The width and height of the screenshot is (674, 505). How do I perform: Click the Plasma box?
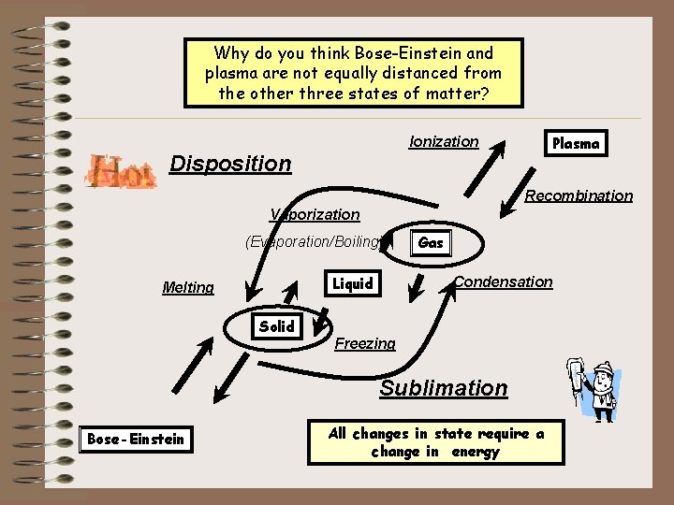point(576,143)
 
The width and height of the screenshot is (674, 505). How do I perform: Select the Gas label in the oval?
point(431,242)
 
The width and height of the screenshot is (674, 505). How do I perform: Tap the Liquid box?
point(353,283)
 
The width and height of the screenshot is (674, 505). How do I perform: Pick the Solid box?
point(276,326)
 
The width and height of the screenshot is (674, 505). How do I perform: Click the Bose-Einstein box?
point(136,439)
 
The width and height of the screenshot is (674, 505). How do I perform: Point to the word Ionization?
point(444,141)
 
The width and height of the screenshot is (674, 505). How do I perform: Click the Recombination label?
point(579,195)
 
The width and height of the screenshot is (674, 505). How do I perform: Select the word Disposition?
point(230,164)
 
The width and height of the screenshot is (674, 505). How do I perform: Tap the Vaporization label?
point(315,214)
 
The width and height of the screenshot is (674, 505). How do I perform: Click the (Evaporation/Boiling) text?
point(313,241)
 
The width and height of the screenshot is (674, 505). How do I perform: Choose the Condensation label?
point(503,281)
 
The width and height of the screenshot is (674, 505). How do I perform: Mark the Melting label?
point(188,287)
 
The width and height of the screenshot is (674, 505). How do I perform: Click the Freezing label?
point(365,343)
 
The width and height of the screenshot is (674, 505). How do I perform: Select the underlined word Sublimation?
point(443,388)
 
